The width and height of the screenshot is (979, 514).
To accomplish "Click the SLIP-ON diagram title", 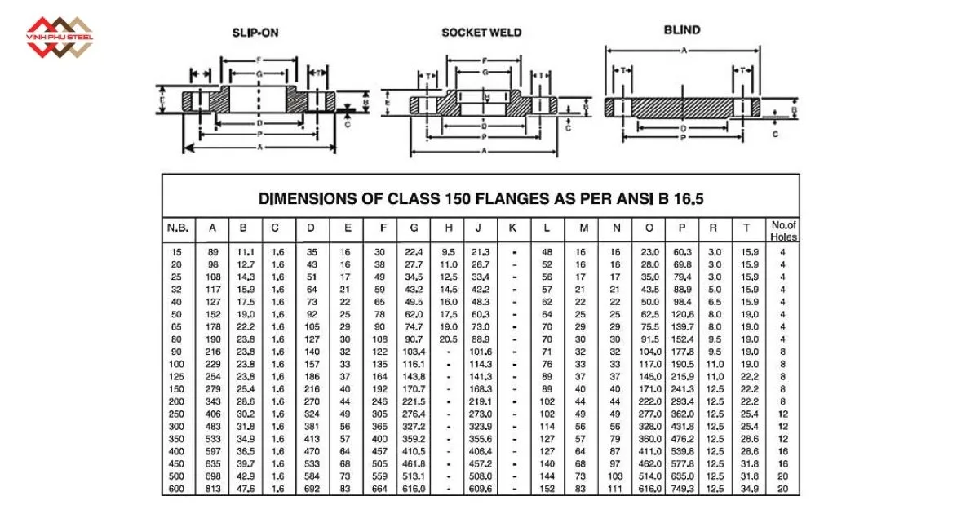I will [x=256, y=33].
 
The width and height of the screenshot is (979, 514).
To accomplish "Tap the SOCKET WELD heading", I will [x=481, y=33].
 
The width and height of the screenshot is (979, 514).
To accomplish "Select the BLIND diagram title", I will [x=682, y=30].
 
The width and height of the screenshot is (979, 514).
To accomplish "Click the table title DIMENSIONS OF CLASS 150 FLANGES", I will [x=481, y=198].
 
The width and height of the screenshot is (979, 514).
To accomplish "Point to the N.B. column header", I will [x=178, y=228].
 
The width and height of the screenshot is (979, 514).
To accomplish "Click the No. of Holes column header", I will [x=783, y=231].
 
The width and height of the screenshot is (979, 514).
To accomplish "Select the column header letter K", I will [x=512, y=228].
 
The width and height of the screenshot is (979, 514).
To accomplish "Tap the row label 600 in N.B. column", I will [x=178, y=489].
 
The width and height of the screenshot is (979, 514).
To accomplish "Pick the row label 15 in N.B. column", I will [x=178, y=252].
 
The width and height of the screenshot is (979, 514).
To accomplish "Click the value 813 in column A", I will [x=213, y=489].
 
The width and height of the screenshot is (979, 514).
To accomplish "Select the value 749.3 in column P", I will [x=681, y=489].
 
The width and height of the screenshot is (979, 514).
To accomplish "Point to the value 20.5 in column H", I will [x=449, y=339].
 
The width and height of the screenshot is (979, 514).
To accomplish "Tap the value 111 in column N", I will [x=615, y=489].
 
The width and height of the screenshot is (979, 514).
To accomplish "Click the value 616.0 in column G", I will [x=414, y=489].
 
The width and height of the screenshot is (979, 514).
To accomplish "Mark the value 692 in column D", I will [x=312, y=489].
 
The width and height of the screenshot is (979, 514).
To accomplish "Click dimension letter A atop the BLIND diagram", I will [x=683, y=51].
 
